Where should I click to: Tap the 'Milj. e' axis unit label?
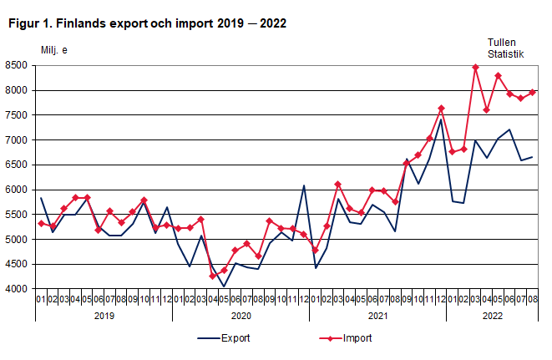pos(54,50)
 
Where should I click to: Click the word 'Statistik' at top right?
pos(505,54)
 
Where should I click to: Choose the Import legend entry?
pos(357,338)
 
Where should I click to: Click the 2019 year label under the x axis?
pos(104,315)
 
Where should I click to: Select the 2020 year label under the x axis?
pos(241,315)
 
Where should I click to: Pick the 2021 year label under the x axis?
pos(377,315)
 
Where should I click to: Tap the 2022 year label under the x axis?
pos(491,315)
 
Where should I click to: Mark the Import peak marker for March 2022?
pos(475,67)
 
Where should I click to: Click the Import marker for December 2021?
pos(441,109)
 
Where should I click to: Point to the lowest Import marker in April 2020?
pos(212,276)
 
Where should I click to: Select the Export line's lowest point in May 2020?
pos(224,286)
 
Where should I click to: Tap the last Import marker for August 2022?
pos(532,92)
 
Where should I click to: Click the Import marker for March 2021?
pos(338,184)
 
